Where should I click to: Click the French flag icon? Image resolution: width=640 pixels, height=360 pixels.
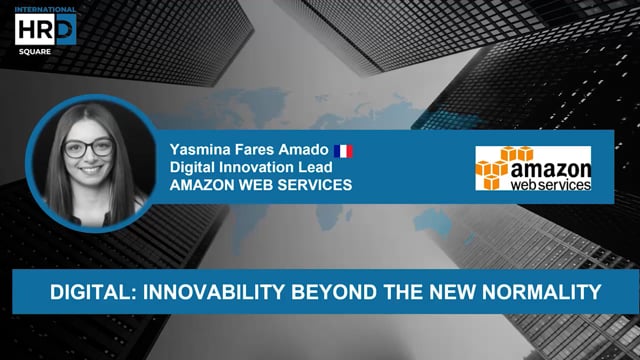[344, 150]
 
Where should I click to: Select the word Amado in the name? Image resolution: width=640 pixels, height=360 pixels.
[304, 150]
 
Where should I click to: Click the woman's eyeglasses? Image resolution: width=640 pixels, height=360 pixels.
[89, 148]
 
